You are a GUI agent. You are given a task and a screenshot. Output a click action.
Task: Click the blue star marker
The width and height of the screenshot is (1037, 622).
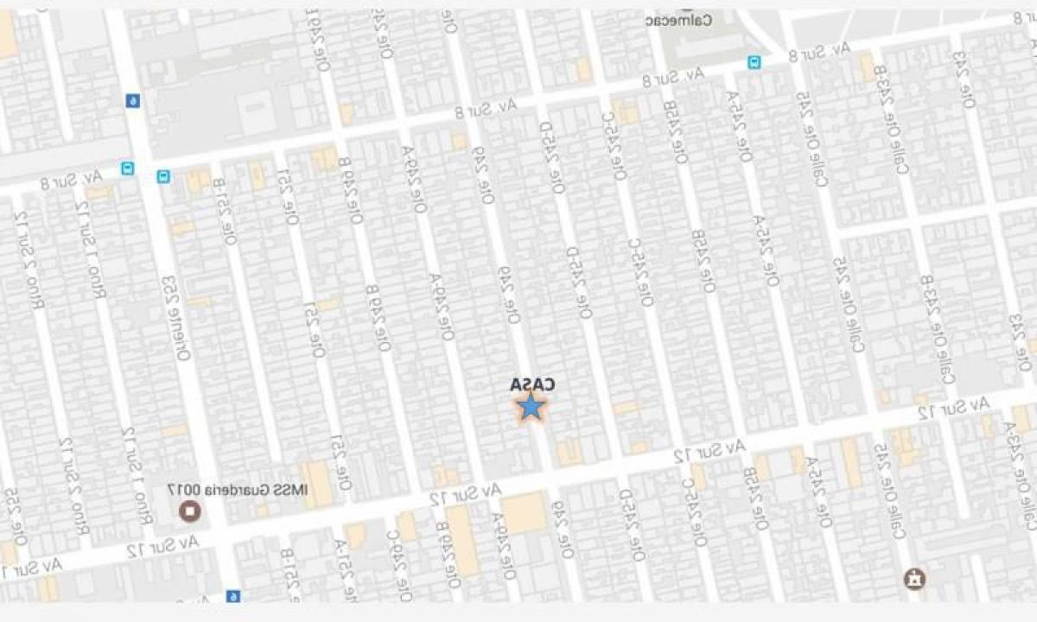[531, 406]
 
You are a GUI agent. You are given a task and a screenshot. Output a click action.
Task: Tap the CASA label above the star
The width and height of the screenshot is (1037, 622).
[531, 384]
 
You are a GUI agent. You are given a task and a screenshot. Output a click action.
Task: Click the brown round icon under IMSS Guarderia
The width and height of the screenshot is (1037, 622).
[188, 511]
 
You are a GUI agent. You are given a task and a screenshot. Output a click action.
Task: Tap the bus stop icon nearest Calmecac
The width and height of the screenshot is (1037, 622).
[754, 62]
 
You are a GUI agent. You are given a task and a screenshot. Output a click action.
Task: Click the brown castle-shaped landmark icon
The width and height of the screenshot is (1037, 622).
[911, 578]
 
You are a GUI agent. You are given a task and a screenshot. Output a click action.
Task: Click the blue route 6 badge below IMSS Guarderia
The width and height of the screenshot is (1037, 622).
[232, 596]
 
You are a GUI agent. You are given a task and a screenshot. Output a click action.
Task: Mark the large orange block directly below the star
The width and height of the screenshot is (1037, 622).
[524, 513]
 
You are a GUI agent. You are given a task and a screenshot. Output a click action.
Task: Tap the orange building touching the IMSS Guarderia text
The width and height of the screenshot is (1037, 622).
[316, 484]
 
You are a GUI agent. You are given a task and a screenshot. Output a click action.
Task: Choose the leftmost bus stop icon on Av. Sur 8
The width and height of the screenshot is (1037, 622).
[128, 168]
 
